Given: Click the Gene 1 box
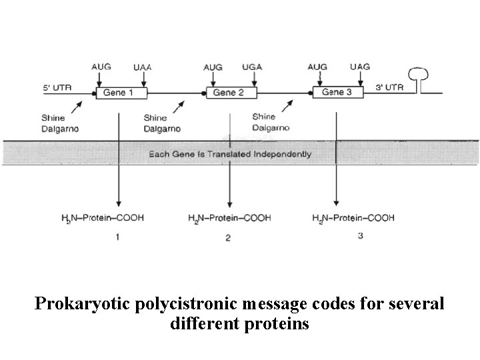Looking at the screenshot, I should [x=118, y=93].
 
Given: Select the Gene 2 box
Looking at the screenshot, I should [x=229, y=93].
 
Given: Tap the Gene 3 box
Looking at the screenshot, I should [x=337, y=92].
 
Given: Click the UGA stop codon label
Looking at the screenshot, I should [x=252, y=67].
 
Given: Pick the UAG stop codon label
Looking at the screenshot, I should [x=360, y=67].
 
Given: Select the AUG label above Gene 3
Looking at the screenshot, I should [x=317, y=67].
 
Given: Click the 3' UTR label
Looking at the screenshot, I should [x=389, y=87].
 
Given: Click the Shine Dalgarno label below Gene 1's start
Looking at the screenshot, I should [x=59, y=124].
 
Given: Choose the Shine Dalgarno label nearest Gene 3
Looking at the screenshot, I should [x=269, y=122].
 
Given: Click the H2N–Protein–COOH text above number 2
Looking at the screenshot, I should [x=229, y=218].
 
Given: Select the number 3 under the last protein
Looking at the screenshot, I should [x=360, y=235].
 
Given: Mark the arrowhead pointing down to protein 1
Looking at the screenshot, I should [x=119, y=203].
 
